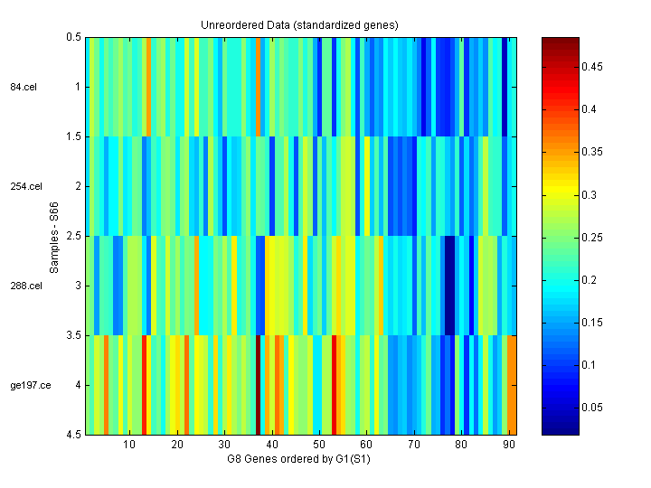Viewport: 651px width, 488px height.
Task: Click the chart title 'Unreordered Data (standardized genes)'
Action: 300,24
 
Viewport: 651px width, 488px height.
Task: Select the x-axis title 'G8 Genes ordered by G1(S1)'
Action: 300,459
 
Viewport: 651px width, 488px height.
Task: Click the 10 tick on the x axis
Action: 128,445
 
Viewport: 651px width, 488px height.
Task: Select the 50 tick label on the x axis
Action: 318,445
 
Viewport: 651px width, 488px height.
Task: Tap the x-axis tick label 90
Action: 508,445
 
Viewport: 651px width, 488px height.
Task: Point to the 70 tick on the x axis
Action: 413,445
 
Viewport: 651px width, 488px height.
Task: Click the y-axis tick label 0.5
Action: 74,37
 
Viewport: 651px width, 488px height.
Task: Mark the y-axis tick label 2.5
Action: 74,236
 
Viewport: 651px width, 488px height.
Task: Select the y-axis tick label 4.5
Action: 74,435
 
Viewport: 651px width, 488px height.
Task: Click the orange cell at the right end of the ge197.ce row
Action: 512,385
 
